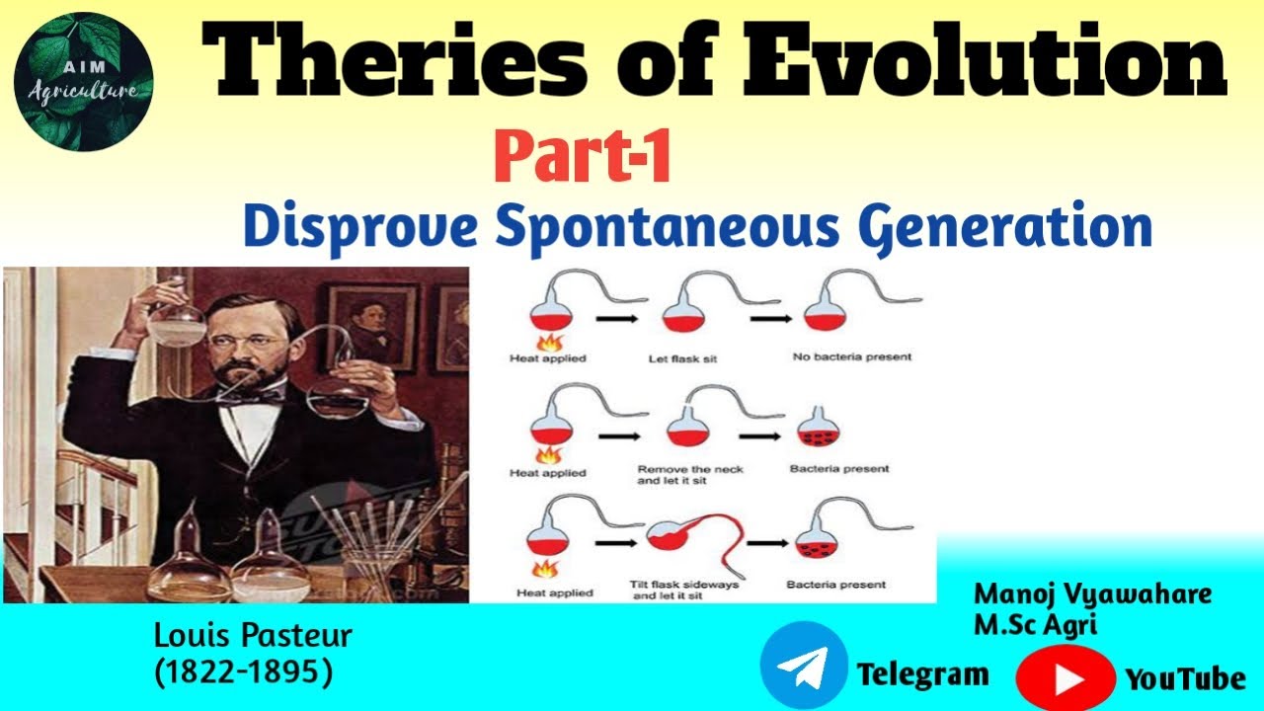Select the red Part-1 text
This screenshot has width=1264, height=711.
tap(583, 159)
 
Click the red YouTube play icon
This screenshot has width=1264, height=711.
tap(1066, 678)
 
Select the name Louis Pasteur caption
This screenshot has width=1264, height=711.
tap(253, 635)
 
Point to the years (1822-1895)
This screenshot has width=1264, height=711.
tap(243, 671)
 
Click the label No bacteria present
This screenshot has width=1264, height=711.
tap(851, 356)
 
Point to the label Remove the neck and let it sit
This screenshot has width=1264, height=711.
tap(690, 475)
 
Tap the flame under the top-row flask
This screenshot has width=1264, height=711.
tap(545, 342)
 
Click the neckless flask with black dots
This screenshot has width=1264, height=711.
tap(818, 428)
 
